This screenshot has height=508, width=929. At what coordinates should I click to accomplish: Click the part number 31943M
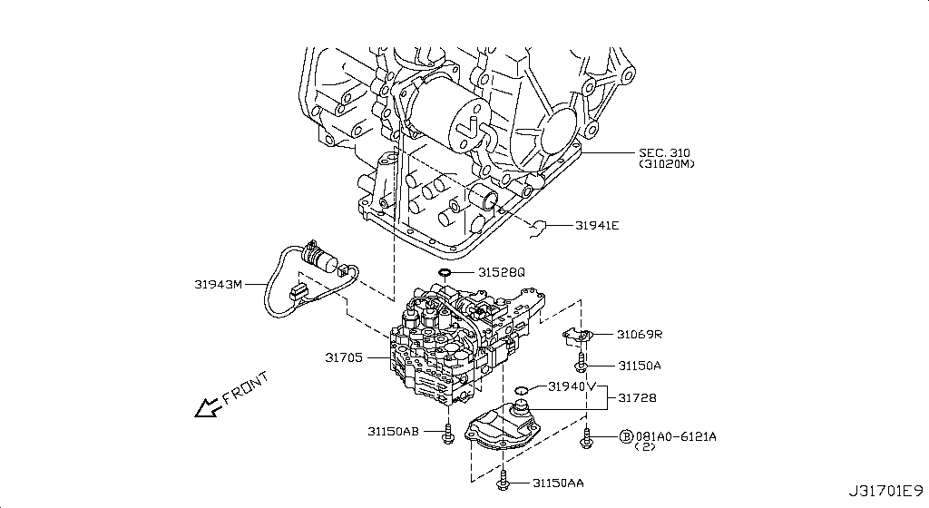(x=218, y=283)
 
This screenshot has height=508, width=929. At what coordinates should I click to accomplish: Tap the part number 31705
(x=345, y=358)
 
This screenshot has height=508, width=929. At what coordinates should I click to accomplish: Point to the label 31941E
(x=596, y=225)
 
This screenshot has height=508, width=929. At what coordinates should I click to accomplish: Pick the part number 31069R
(x=640, y=335)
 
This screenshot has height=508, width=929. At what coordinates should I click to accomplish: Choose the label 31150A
(x=640, y=366)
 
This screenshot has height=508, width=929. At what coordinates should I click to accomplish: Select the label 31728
(x=639, y=397)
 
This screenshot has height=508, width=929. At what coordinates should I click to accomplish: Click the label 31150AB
(x=393, y=431)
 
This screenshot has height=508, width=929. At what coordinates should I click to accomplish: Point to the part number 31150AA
(x=558, y=484)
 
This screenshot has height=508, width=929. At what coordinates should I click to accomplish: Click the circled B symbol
(x=625, y=436)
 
